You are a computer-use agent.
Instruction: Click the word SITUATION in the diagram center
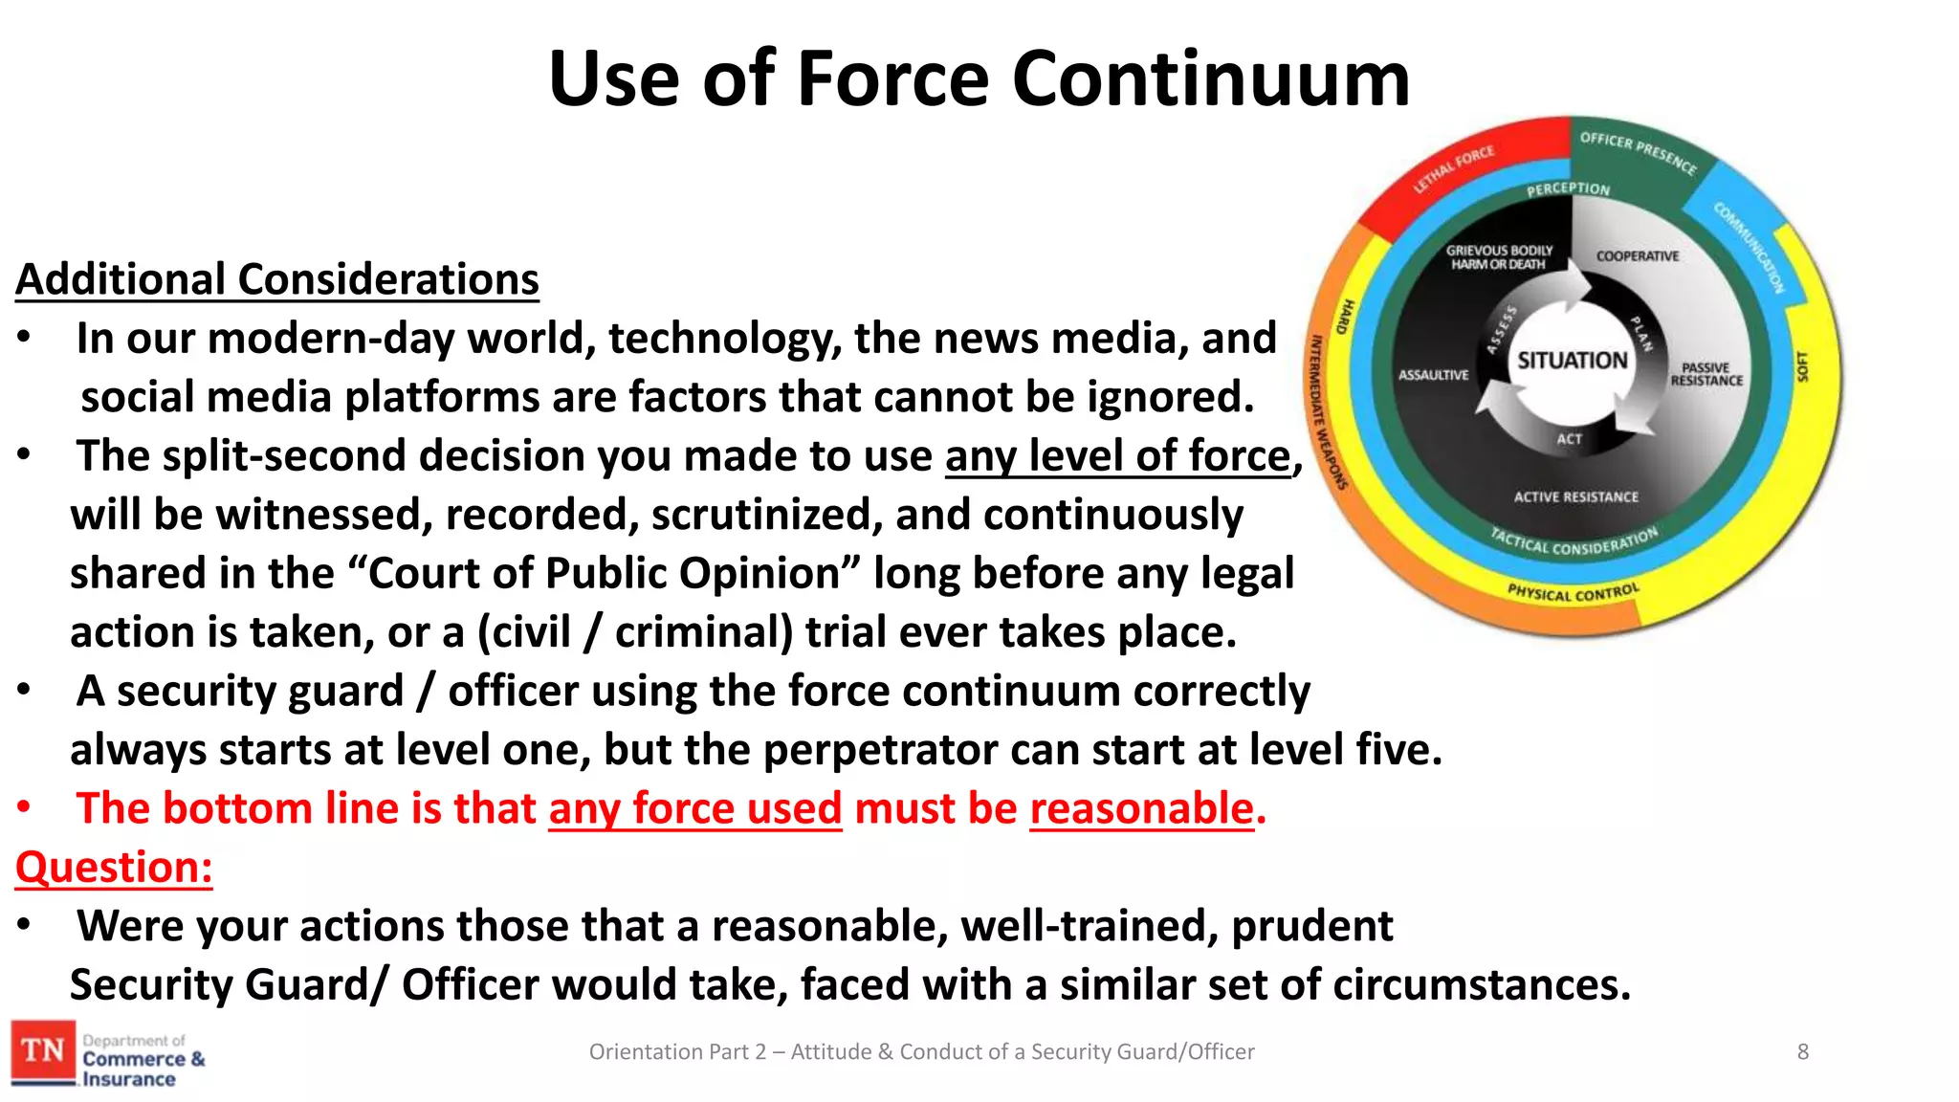pos(1572,361)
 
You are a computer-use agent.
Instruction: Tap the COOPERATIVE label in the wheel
pos(1637,256)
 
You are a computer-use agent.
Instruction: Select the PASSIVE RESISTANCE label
pos(1706,374)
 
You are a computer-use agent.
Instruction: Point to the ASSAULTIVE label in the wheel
pos(1433,375)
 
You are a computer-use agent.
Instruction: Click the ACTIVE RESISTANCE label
pos(1575,497)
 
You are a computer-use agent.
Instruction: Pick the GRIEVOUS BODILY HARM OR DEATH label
pos(1499,257)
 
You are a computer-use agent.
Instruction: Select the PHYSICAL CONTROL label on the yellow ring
pos(1574,592)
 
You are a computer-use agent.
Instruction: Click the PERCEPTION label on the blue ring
pos(1568,189)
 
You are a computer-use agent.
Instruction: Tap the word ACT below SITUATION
pos(1569,439)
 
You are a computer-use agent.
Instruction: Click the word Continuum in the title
pos(1210,78)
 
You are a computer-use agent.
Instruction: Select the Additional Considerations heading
pos(277,279)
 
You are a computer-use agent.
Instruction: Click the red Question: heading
pos(114,867)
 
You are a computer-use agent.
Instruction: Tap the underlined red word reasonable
pos(1141,808)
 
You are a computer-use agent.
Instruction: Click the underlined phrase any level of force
pos(1118,455)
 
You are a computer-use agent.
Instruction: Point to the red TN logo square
pos(43,1051)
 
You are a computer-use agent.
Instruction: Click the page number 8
pos(1802,1052)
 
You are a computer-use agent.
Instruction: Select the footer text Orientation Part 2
pos(677,1052)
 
